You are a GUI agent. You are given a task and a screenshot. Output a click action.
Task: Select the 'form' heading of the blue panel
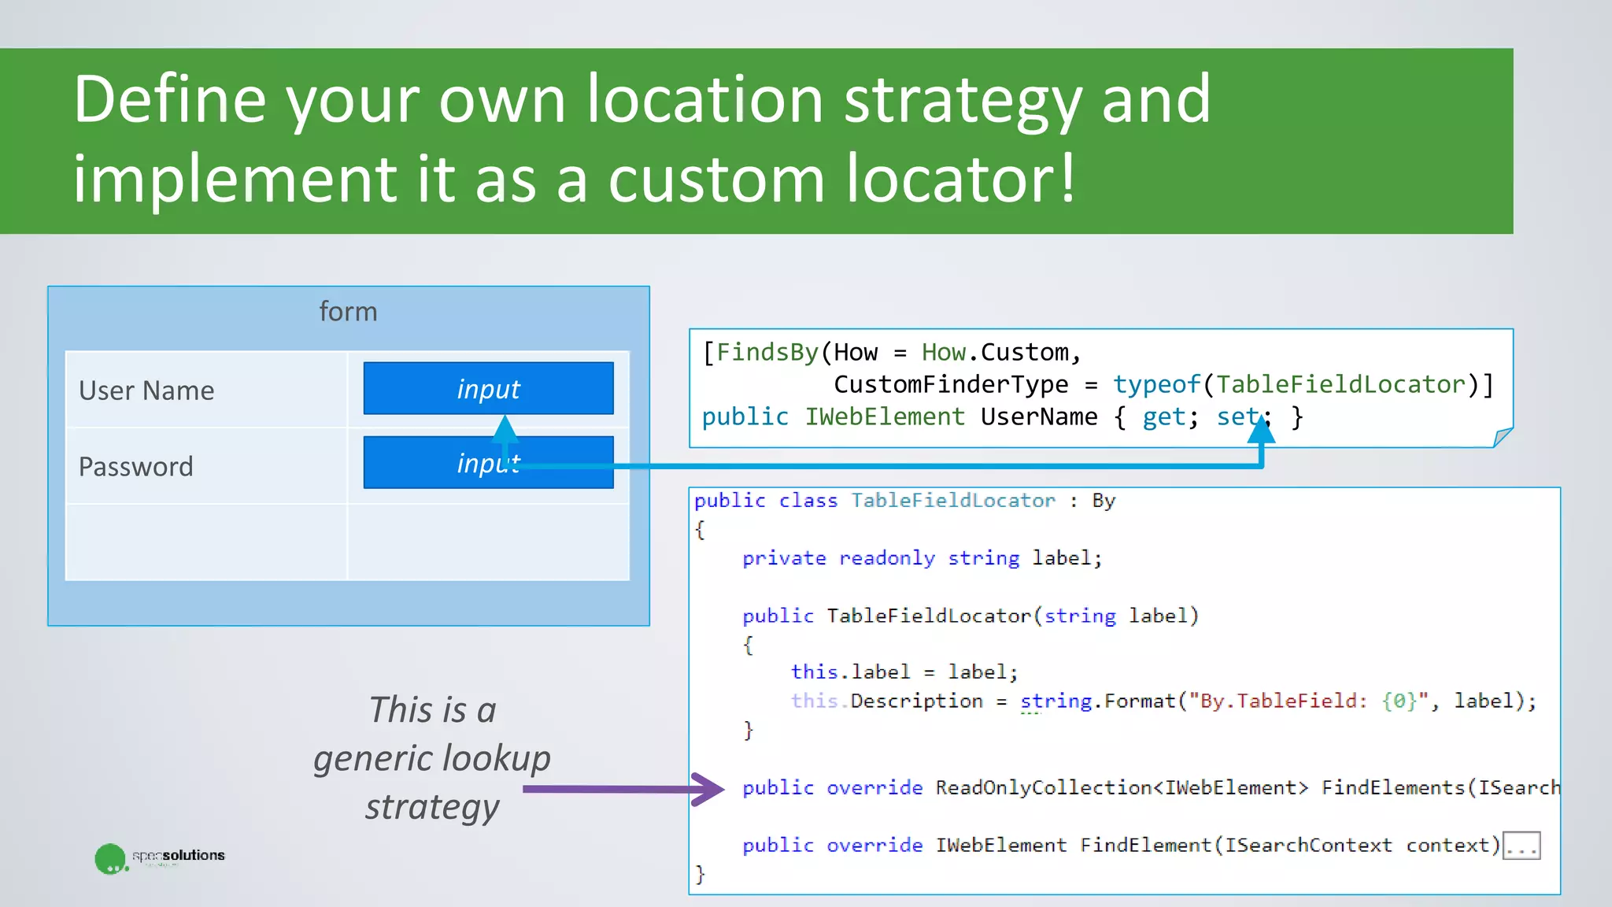(348, 312)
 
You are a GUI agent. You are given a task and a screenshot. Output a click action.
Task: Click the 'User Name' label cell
(147, 391)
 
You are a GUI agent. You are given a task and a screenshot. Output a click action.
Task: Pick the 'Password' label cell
(136, 467)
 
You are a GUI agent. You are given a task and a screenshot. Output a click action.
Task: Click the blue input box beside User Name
(488, 388)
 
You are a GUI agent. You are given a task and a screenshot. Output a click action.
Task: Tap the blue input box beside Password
(488, 463)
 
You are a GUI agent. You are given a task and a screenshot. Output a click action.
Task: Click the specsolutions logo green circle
(110, 858)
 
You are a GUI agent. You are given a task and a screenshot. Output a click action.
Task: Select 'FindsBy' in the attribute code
(767, 352)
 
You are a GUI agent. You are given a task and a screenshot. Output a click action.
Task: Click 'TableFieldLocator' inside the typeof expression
(1340, 384)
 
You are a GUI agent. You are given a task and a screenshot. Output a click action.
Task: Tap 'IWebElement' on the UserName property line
(884, 416)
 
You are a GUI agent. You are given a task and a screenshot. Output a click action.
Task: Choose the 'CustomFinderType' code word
(951, 384)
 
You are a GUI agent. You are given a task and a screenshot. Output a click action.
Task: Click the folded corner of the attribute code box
(1502, 437)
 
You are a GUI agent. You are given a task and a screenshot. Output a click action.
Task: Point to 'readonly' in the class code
(887, 558)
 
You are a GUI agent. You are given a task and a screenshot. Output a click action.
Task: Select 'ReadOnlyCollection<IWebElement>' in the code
(1122, 787)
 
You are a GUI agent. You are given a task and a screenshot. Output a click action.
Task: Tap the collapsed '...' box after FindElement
(1521, 846)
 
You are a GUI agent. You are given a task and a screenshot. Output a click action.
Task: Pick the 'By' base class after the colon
(1104, 501)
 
